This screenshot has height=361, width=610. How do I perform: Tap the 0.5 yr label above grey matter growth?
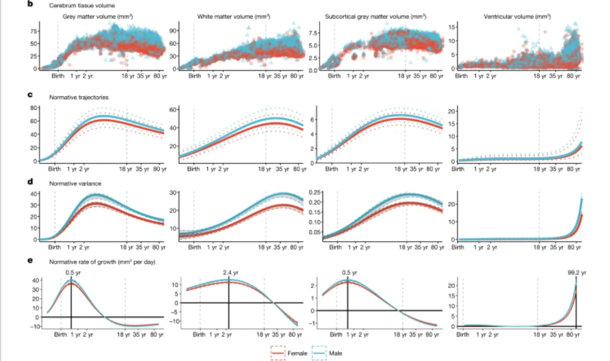point(71,273)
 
